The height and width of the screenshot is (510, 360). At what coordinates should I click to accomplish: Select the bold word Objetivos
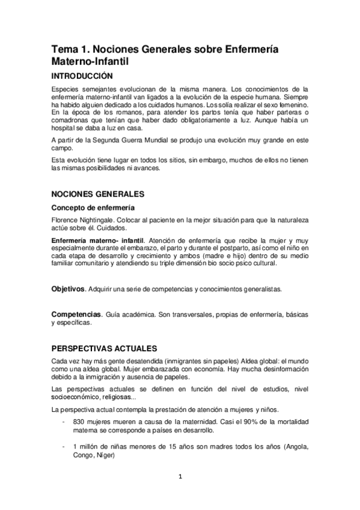coord(67,289)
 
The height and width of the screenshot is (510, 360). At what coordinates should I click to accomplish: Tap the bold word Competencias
coord(75,315)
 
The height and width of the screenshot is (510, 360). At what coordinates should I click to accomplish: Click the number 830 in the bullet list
coord(79,422)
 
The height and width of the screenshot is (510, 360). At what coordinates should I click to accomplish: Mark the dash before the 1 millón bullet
coord(64,447)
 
